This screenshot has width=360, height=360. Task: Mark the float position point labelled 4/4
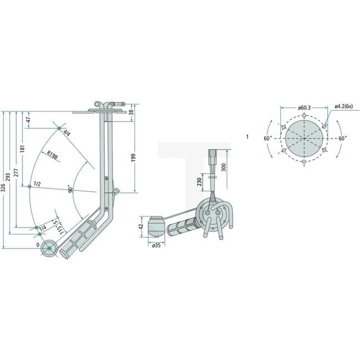59,130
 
